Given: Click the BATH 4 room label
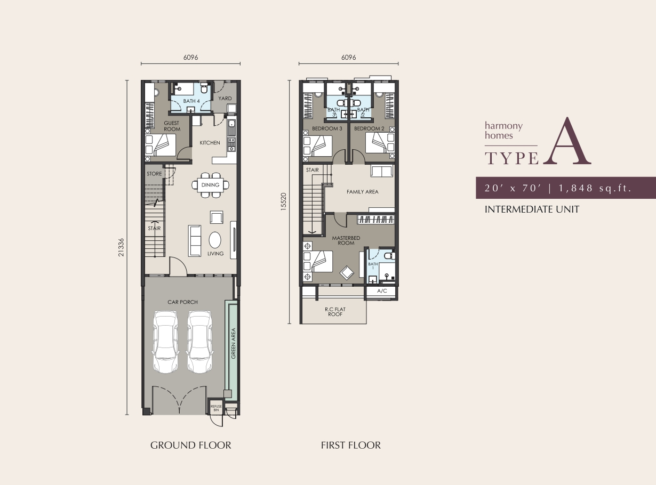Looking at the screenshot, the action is (x=191, y=101).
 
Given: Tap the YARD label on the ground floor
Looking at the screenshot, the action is (x=225, y=99).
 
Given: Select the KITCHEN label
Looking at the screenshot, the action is (x=210, y=143).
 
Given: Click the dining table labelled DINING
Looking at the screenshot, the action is (x=210, y=185).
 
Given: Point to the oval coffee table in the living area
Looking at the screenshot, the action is (x=215, y=240).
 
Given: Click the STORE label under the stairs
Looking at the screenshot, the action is (x=154, y=174).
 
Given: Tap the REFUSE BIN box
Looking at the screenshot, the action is (x=216, y=408).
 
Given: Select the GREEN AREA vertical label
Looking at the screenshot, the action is (x=234, y=343).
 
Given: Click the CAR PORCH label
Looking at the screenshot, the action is (x=182, y=302).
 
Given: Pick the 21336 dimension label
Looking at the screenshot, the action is (x=121, y=247).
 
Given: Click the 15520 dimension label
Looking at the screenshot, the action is (x=284, y=201).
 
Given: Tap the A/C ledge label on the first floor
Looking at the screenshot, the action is (x=382, y=291).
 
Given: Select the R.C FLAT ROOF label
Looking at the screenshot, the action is (x=335, y=312).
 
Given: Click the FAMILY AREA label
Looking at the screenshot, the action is (x=362, y=192).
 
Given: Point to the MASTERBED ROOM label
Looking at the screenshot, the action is (x=346, y=240).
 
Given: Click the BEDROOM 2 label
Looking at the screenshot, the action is (x=369, y=128).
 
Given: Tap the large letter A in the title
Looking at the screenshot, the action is (x=567, y=141).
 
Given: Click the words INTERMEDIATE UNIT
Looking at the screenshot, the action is (x=532, y=209).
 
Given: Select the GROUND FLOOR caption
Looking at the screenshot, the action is (x=191, y=445).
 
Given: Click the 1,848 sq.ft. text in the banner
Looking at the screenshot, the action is (x=595, y=188).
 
